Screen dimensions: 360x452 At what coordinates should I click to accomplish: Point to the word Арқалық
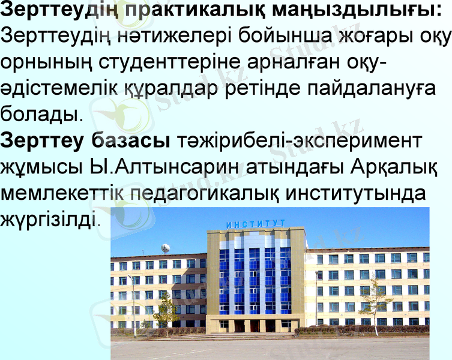click(396, 166)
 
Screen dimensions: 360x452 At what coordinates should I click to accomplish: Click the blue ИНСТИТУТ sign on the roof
click(256, 224)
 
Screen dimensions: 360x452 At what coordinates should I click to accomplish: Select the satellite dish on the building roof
click(165, 248)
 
